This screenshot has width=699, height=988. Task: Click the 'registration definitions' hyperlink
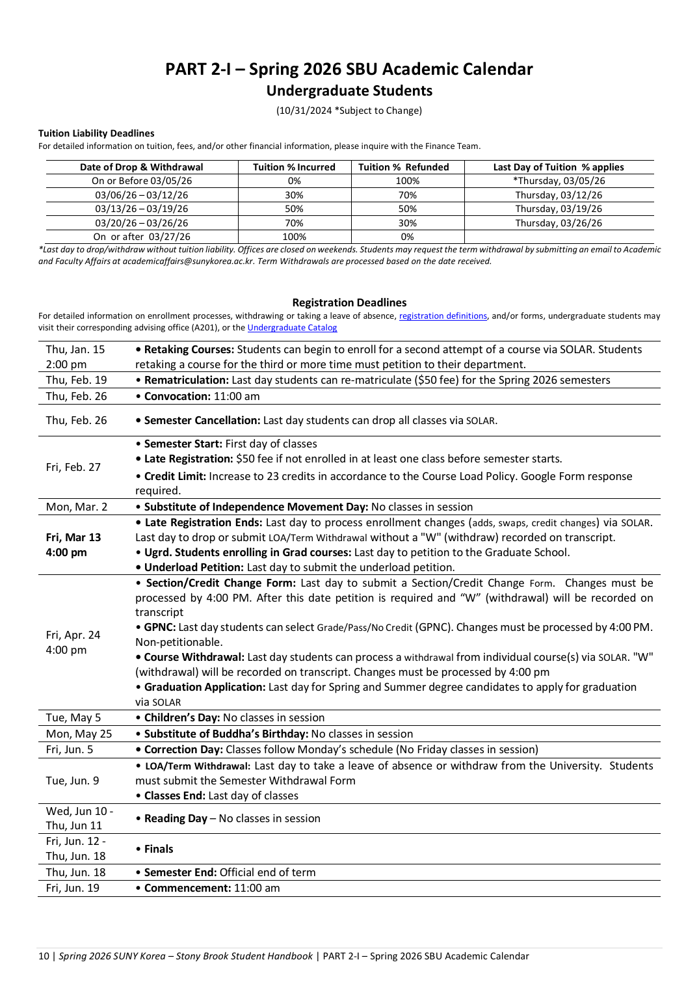[x=443, y=316]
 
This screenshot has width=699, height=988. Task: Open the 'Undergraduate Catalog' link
[x=292, y=328]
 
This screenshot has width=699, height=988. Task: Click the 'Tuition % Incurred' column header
[x=294, y=167]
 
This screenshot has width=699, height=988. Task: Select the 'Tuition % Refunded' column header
[x=403, y=167]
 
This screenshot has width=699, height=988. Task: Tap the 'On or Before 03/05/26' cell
[x=142, y=181]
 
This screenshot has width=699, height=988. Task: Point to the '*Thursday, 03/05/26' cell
[x=559, y=181]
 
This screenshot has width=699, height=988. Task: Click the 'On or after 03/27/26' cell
[x=142, y=237]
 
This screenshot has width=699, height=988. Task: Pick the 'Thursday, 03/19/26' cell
[x=559, y=209]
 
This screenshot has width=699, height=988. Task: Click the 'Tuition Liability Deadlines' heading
[x=96, y=133]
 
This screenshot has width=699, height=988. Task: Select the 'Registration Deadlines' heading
[x=349, y=302]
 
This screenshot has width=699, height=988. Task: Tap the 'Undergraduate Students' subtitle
[x=349, y=91]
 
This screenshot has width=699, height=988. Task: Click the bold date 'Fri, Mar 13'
[x=73, y=537]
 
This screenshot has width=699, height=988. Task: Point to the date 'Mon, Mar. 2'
[x=77, y=507]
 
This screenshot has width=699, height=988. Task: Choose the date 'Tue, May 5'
[x=73, y=717]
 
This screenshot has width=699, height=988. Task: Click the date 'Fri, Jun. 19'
[x=73, y=888]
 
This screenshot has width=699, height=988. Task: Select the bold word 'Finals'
[x=159, y=849]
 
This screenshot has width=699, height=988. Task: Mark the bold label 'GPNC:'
[x=160, y=627]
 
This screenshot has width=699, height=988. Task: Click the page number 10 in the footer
[x=44, y=956]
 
